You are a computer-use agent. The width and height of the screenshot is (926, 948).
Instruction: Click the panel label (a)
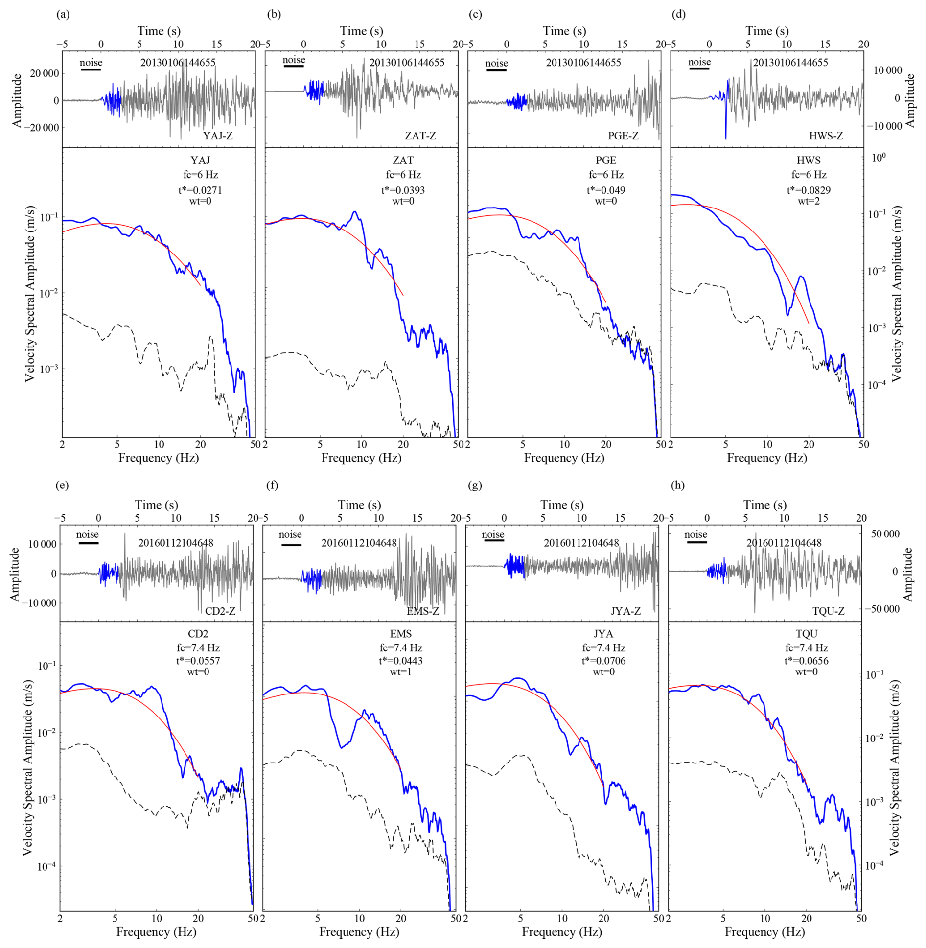(63, 14)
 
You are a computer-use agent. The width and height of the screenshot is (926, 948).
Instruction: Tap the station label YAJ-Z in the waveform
(217, 136)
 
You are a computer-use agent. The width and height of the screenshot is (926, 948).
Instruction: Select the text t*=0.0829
(809, 190)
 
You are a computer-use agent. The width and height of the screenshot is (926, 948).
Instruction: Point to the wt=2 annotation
(809, 201)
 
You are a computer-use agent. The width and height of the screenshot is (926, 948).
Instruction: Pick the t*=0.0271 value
(200, 190)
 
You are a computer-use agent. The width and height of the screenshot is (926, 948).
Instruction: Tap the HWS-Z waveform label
(826, 136)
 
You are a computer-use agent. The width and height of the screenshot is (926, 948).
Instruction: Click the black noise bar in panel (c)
(496, 70)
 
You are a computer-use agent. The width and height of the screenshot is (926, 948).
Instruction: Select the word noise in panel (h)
(695, 534)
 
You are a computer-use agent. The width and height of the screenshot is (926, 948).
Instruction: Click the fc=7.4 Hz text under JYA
(603, 647)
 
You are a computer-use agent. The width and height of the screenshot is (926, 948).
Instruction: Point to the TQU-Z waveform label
(828, 611)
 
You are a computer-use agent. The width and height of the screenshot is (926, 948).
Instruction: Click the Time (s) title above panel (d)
(767, 31)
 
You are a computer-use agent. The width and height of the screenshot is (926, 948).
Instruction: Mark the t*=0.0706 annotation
(603, 660)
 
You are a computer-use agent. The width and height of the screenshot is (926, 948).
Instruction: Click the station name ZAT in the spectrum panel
(403, 160)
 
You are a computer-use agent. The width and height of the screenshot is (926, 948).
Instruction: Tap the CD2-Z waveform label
(220, 611)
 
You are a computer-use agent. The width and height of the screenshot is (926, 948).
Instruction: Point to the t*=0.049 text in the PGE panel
(606, 190)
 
